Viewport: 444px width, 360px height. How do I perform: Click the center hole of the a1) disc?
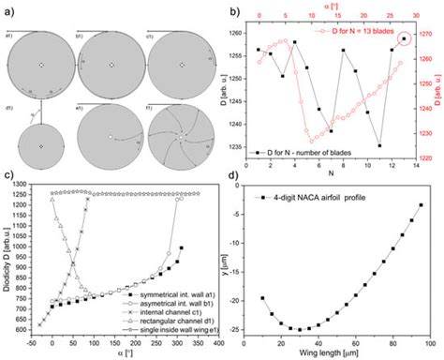tap(40, 65)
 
